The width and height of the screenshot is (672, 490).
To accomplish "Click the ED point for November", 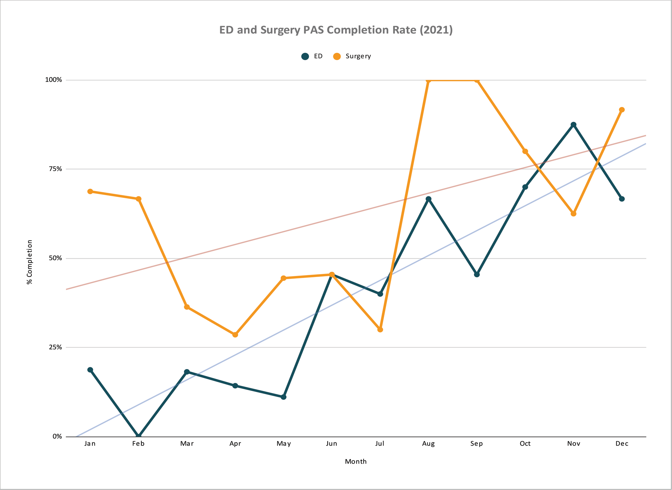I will click(573, 125).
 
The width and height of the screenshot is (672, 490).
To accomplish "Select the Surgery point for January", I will click(90, 191).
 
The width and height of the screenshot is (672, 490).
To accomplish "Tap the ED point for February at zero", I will click(139, 436).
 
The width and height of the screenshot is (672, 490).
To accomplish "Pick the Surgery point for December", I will click(622, 110).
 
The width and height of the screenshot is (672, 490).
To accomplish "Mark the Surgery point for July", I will click(380, 329).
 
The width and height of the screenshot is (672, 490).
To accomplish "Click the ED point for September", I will click(477, 275).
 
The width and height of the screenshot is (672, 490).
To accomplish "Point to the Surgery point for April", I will click(235, 335).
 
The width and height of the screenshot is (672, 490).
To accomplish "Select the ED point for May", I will click(283, 397).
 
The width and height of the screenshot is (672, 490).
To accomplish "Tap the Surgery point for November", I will click(573, 214).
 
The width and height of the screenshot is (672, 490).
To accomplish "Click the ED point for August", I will click(428, 199).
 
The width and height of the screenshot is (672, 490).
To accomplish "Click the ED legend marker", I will click(305, 56).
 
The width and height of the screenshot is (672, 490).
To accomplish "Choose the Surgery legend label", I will click(358, 56).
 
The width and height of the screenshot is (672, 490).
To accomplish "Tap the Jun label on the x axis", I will click(331, 444).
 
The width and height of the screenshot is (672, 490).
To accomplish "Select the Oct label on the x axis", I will click(525, 444).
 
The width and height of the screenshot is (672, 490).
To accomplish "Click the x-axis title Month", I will click(356, 462).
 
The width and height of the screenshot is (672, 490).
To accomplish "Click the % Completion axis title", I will click(30, 262).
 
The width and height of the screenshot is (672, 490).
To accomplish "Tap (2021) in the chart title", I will click(436, 30).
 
